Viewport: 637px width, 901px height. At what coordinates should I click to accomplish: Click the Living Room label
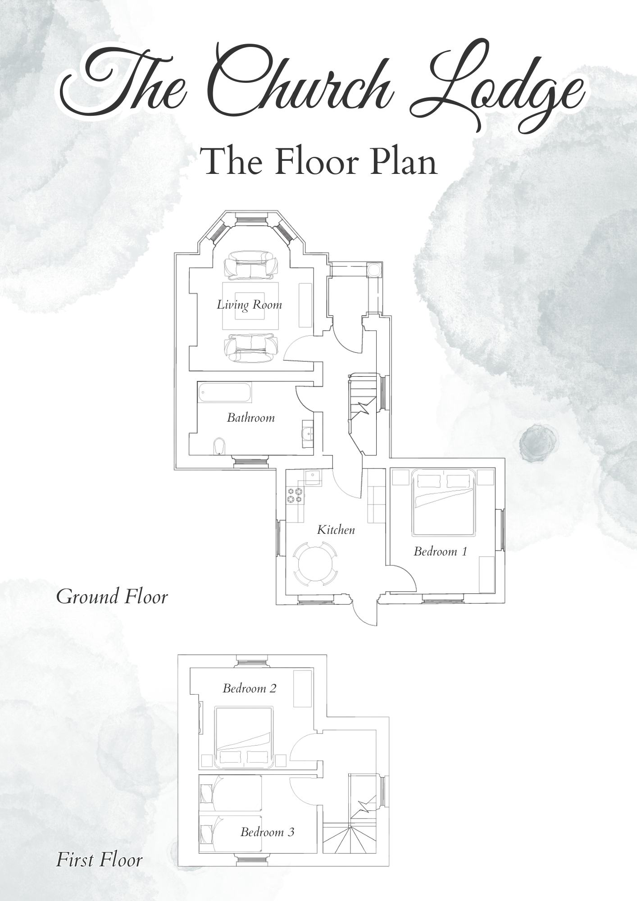click(249, 305)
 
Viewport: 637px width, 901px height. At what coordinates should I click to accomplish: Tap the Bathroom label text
click(250, 418)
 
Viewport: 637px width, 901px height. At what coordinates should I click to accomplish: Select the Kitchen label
click(336, 530)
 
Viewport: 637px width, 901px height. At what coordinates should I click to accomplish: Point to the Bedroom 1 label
click(440, 551)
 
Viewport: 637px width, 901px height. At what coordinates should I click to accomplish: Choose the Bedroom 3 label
click(267, 832)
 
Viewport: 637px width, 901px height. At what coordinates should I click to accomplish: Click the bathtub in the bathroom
click(224, 392)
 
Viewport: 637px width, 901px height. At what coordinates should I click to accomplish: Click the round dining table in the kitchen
click(314, 564)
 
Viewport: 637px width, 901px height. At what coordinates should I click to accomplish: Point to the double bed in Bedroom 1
click(444, 503)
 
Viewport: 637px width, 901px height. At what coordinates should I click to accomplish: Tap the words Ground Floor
click(112, 597)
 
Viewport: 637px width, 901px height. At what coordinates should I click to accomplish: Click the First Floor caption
click(99, 860)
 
